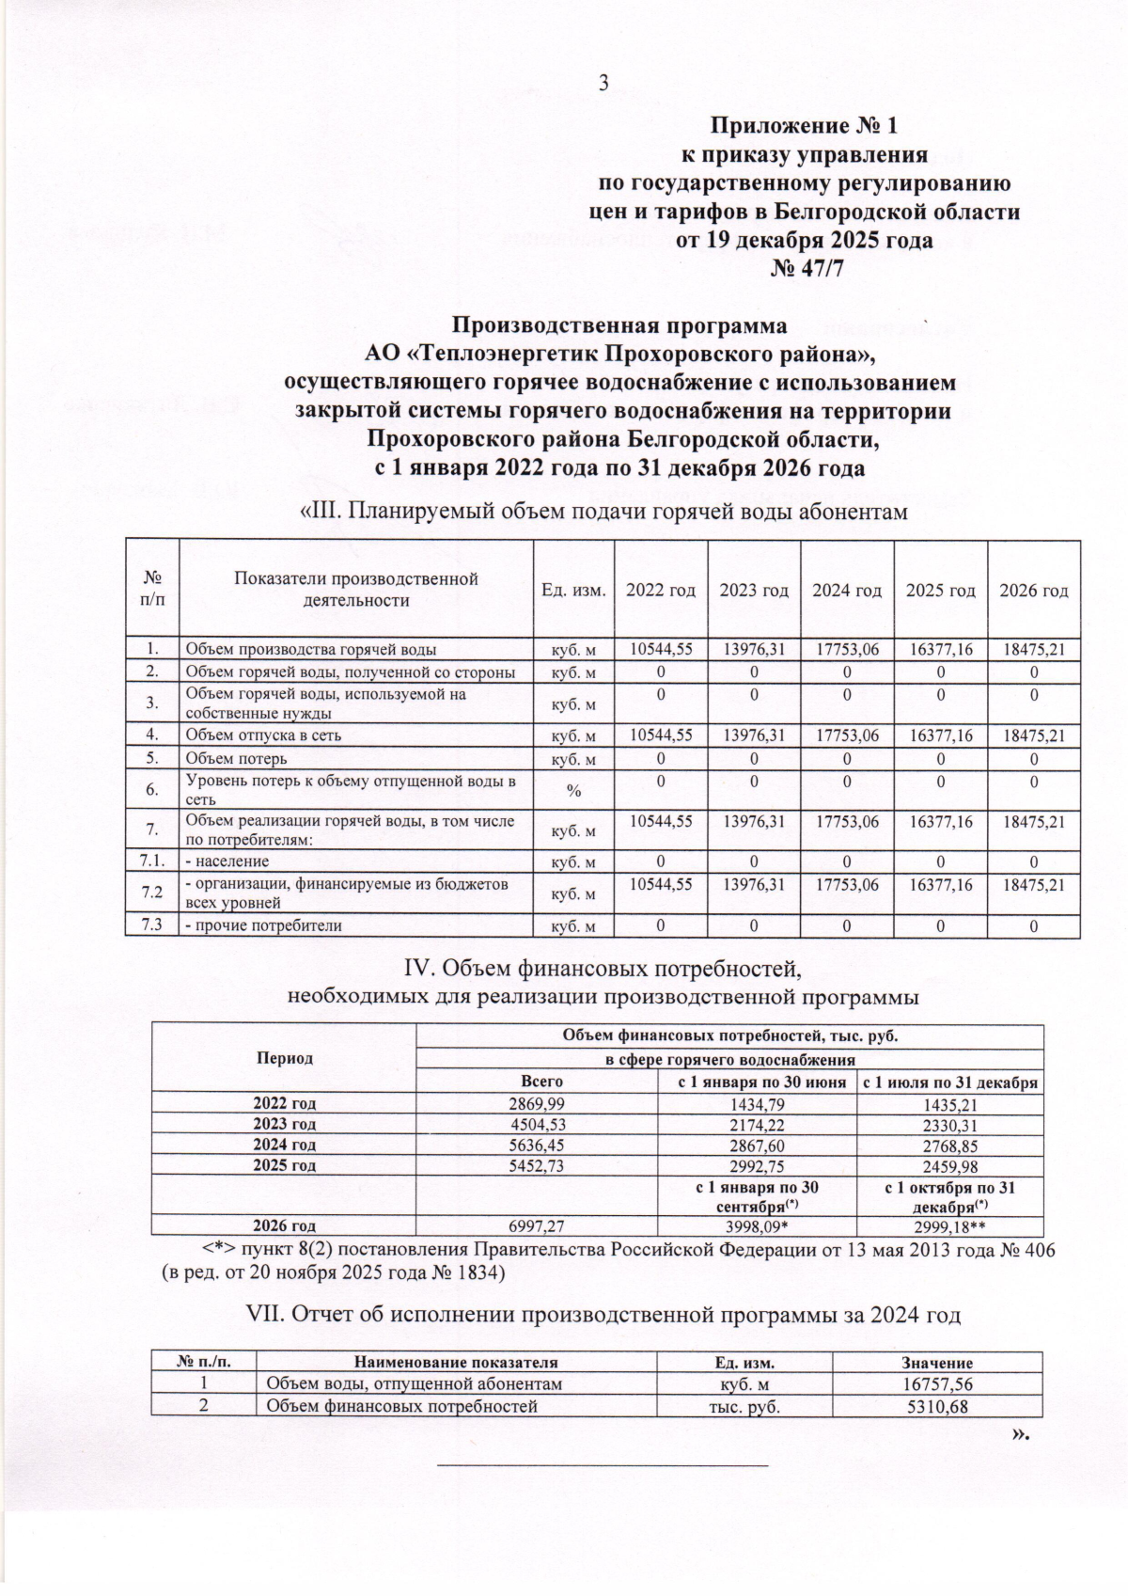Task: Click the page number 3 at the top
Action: coord(604,83)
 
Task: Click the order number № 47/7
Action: coord(804,269)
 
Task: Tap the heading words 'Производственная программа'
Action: coord(619,326)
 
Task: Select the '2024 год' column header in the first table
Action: coord(847,591)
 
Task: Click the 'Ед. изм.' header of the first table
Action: coord(573,591)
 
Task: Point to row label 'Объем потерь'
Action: coord(236,759)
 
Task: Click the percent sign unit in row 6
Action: coord(572,791)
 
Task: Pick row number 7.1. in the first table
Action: coord(152,861)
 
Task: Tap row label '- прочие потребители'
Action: coord(262,925)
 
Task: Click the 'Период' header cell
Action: coord(284,1058)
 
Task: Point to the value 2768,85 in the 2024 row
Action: coord(950,1145)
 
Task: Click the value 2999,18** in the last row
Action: coord(950,1226)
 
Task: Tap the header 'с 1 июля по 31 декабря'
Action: coord(950,1082)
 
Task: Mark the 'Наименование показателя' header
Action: coord(456,1363)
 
